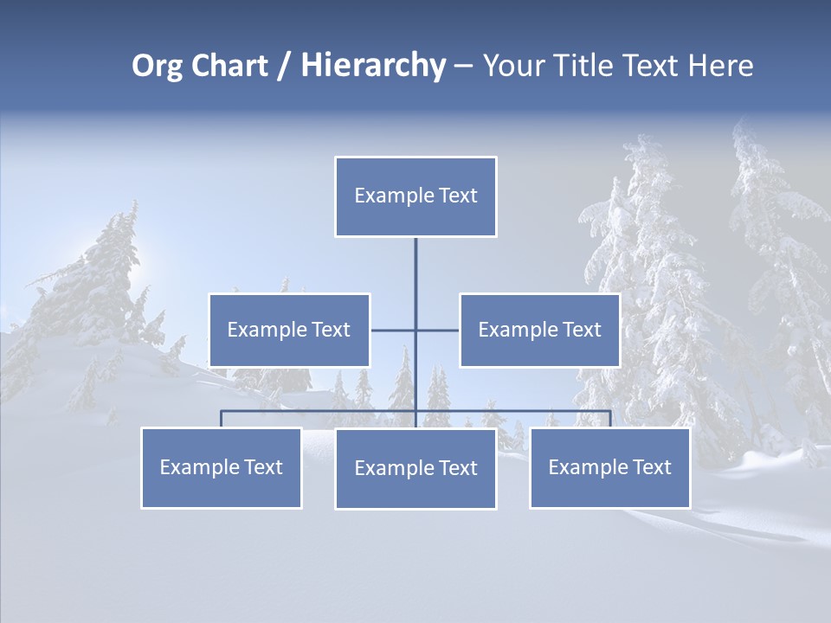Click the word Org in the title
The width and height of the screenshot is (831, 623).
pos(156,66)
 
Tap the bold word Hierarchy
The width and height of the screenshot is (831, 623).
pos(372,66)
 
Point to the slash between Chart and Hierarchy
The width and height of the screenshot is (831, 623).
pos(284,66)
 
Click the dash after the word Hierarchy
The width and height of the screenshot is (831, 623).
pos(463,66)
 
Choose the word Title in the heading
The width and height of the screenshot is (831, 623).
pos(589,66)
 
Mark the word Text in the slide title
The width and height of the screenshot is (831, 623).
pos(655,66)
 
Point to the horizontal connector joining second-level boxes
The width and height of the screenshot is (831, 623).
pos(394,330)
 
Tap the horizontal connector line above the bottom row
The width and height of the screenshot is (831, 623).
pos(320,411)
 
